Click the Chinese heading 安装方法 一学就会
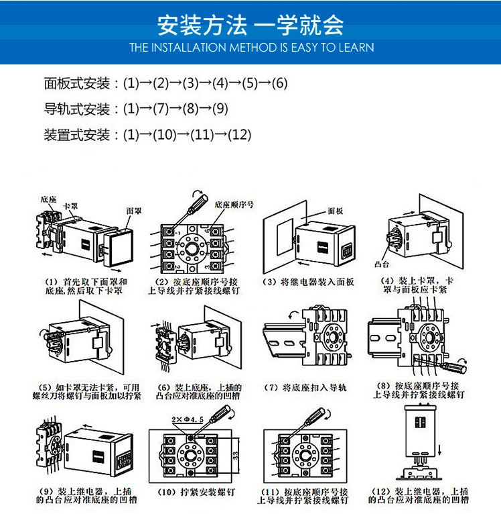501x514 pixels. tap(250, 25)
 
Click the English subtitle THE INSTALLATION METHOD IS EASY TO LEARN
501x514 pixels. tap(251, 48)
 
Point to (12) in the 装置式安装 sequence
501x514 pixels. tap(239, 134)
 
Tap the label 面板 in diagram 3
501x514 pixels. tap(336, 210)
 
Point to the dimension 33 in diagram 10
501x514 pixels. tap(236, 456)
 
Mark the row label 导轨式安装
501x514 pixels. tap(77, 109)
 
